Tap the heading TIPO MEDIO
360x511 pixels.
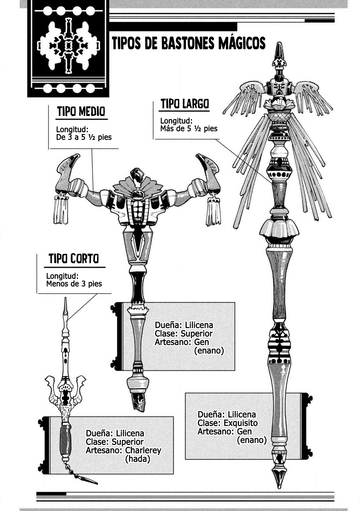click(81, 111)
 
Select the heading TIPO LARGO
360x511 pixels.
click(185, 104)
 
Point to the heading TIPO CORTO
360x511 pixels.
click(74, 258)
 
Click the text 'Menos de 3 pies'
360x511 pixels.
click(74, 284)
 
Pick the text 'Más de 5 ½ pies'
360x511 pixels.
click(189, 128)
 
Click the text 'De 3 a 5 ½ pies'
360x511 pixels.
click(84, 137)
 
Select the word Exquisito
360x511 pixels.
click(241, 423)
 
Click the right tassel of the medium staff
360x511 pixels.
click(213, 211)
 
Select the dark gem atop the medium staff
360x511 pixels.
click(136, 175)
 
